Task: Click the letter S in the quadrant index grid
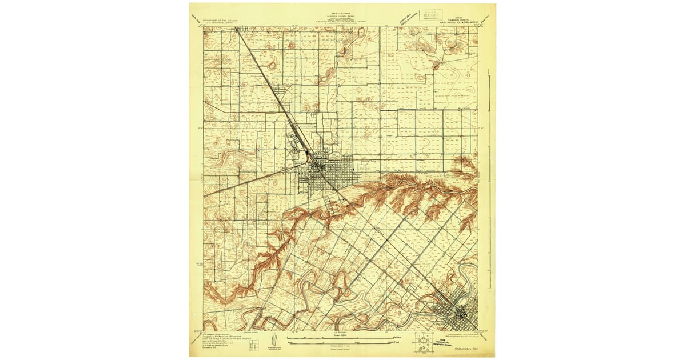(x=423, y=347)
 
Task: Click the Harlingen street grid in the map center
(x=323, y=174)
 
